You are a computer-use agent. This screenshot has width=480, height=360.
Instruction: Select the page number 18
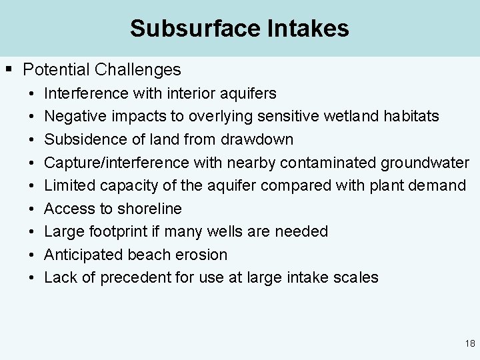[470, 344]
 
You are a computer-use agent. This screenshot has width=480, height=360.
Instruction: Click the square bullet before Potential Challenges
[9, 69]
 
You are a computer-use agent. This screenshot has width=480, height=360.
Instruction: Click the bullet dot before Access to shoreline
[31, 209]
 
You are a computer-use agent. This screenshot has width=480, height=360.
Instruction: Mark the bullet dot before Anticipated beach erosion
[31, 255]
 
